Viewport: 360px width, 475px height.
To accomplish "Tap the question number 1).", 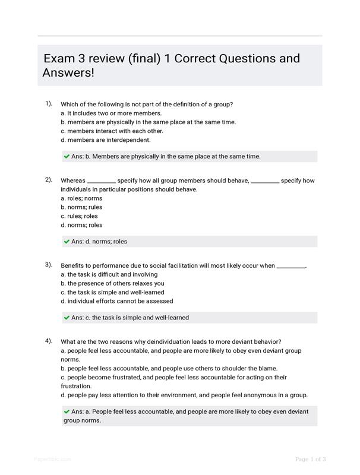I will tap(49, 103).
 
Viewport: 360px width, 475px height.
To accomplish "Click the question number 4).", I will tap(49, 341).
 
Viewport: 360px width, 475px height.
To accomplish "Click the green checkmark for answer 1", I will tap(67, 157).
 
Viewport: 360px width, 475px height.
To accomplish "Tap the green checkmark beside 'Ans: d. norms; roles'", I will tap(67, 242).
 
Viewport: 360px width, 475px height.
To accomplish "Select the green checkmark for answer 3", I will tap(67, 318).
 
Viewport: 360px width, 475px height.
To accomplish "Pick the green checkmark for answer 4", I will tap(67, 411).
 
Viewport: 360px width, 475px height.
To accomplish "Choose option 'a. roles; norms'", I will tap(81, 198).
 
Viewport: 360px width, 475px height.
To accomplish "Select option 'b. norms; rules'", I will tap(81, 207).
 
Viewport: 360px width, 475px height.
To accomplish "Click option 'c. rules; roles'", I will tap(80, 216).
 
